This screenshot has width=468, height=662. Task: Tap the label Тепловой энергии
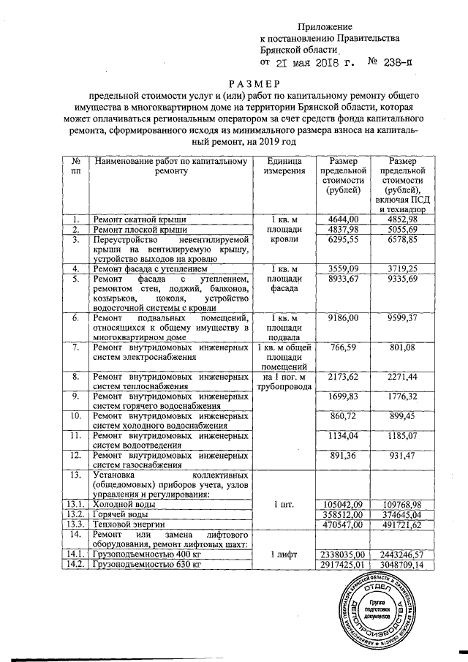coord(124,524)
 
